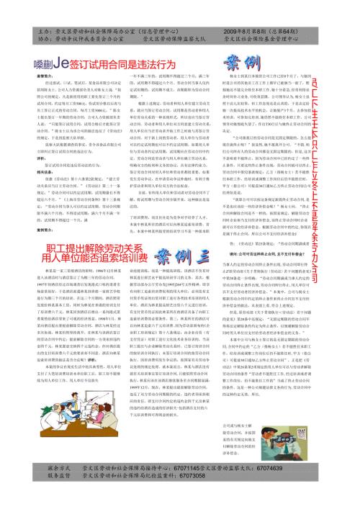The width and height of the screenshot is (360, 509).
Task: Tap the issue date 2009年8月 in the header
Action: (x=248, y=32)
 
